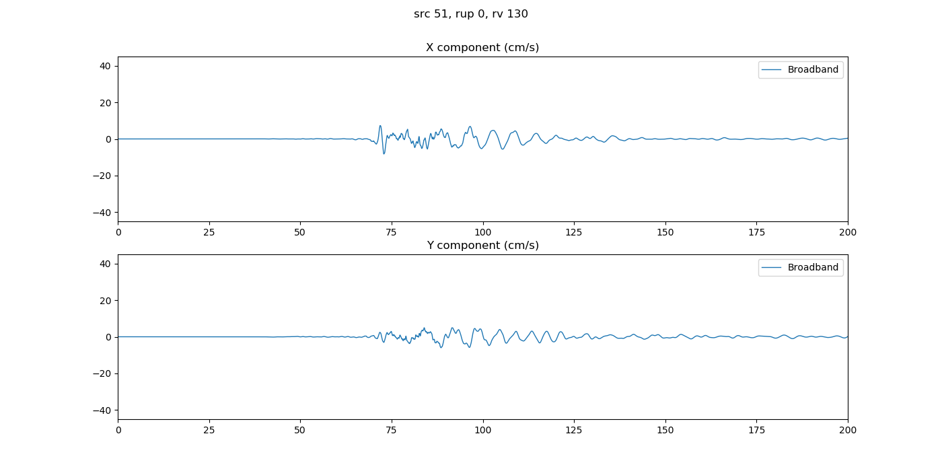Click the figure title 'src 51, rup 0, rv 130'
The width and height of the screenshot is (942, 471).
[470, 14]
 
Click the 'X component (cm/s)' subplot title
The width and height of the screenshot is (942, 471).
[482, 48]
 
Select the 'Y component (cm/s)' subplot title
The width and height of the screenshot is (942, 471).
[482, 246]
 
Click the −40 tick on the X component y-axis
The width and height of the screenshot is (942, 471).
[105, 213]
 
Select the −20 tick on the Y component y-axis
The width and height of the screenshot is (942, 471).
[105, 373]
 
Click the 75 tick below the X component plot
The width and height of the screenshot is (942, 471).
[392, 232]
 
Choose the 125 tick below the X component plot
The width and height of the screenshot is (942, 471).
[574, 232]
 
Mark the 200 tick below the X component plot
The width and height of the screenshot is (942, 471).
[847, 232]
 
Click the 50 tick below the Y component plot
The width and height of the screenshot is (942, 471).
[300, 430]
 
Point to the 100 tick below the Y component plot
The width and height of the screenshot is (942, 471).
[482, 430]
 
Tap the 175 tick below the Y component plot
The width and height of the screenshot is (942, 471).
[756, 430]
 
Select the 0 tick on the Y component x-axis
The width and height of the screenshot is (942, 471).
[118, 430]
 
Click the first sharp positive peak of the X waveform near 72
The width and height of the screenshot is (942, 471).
[380, 126]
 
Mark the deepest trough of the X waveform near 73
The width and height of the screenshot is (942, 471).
[384, 154]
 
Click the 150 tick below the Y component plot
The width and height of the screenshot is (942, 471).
[665, 430]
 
